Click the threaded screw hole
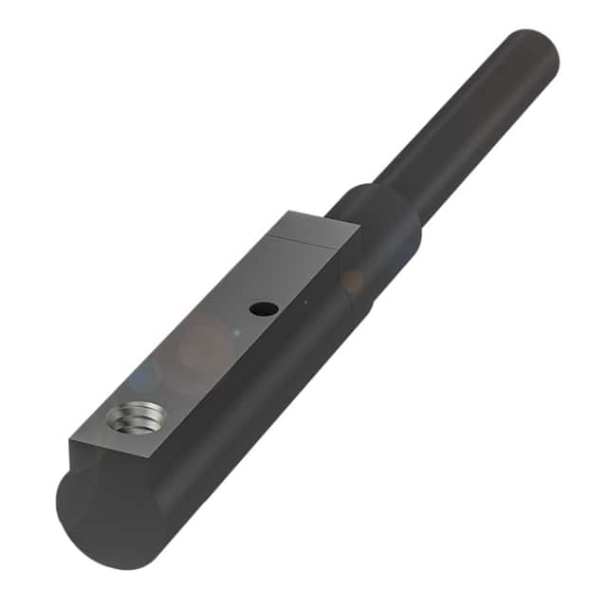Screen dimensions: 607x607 click(x=131, y=416)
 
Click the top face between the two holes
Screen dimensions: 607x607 click(x=199, y=360)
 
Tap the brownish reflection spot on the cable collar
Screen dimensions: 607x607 click(x=353, y=281)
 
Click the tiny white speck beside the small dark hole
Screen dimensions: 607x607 click(x=305, y=303)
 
